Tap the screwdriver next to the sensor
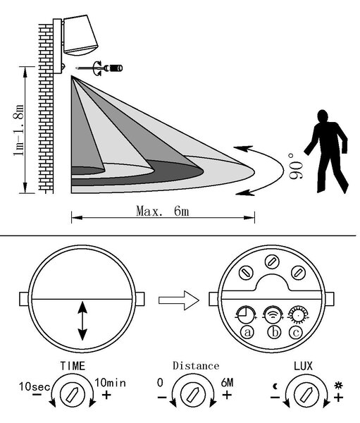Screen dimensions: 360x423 100,68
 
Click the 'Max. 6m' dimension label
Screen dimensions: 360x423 163,211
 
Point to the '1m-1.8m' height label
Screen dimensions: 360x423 19,130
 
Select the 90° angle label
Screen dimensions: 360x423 295,166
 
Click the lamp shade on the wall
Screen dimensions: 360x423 80,35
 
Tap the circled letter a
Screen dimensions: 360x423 247,332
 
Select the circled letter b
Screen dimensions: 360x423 274,332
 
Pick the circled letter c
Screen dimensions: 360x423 296,332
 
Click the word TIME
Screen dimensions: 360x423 73,366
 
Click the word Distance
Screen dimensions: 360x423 196,366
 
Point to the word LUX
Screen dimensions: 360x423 303,366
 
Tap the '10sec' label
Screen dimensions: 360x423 35,386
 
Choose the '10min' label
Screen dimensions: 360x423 110,383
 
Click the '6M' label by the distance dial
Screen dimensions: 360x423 227,383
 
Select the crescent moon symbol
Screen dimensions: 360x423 275,386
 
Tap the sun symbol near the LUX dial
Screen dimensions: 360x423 338,386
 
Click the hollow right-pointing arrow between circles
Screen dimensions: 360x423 179,300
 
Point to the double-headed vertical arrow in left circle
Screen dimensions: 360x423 82,321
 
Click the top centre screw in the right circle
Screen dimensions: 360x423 272,262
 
